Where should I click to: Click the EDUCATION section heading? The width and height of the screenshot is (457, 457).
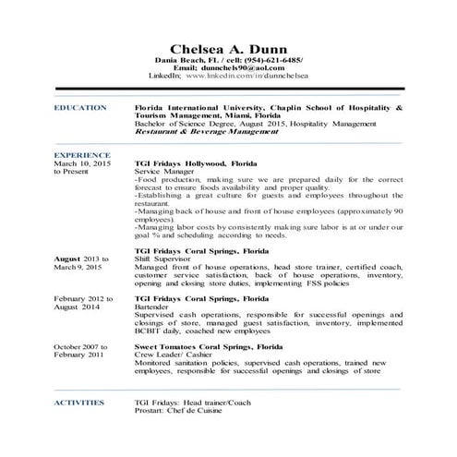point(80,108)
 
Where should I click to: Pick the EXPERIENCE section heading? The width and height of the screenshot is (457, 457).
point(83,155)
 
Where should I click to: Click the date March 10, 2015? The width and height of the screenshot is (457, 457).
point(83,163)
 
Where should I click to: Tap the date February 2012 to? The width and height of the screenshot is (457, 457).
point(84,299)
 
